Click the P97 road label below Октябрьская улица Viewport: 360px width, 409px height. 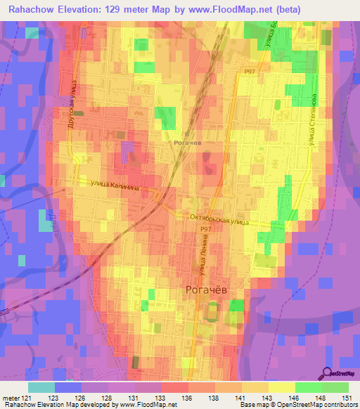[205, 229]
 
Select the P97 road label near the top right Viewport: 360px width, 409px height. [250, 71]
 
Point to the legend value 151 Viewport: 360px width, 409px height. [346, 398]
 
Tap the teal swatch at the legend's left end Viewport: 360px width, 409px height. [41, 387]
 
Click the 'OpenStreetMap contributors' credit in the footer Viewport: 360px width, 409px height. [316, 405]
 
